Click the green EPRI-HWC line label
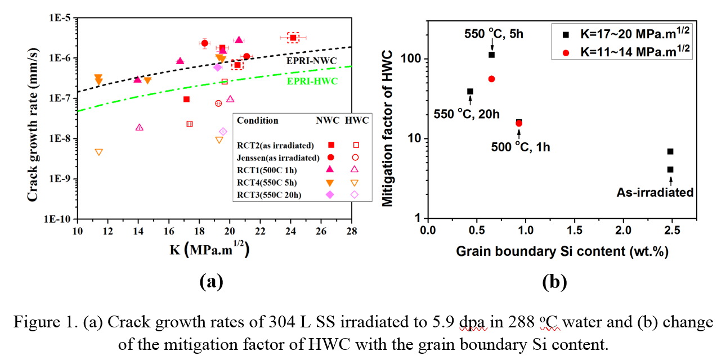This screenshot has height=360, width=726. pyautogui.click(x=313, y=81)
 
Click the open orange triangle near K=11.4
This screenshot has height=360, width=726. pyautogui.click(x=99, y=152)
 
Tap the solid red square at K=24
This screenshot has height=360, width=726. pyautogui.click(x=293, y=38)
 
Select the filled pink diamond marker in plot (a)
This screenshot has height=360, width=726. pyautogui.click(x=218, y=67)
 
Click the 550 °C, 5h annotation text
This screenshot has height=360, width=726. pyautogui.click(x=494, y=33)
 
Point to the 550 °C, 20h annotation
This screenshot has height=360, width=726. pyautogui.click(x=466, y=114)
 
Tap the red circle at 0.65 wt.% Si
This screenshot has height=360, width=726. pyautogui.click(x=491, y=79)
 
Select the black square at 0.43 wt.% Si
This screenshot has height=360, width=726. pyautogui.click(x=470, y=92)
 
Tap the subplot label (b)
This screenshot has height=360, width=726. pyautogui.click(x=554, y=282)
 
